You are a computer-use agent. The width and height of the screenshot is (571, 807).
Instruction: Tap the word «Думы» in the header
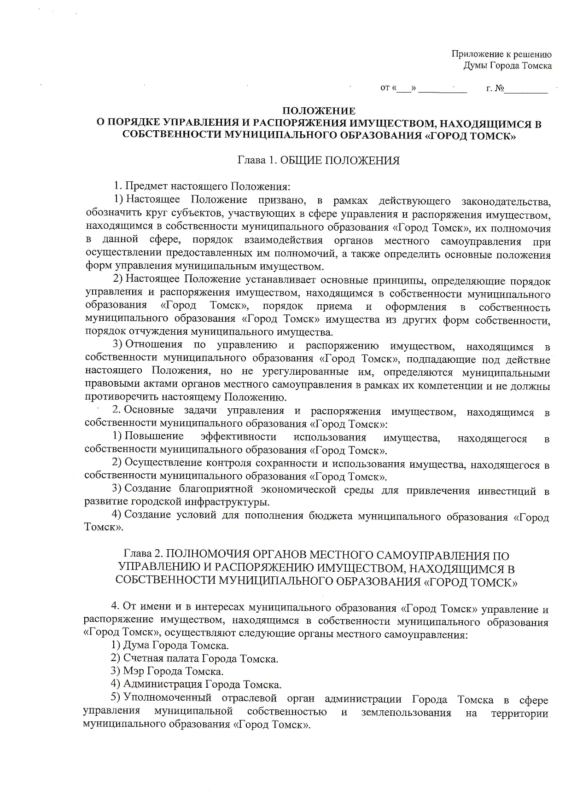[x=474, y=66]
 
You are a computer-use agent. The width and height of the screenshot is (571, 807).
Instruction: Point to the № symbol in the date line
[x=499, y=88]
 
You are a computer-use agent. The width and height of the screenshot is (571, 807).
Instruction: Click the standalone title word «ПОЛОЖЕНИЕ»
[x=319, y=111]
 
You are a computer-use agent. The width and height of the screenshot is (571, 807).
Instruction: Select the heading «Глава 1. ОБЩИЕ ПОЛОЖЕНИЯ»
[x=318, y=161]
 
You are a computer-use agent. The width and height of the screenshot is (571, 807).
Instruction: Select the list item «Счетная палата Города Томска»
[x=201, y=659]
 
